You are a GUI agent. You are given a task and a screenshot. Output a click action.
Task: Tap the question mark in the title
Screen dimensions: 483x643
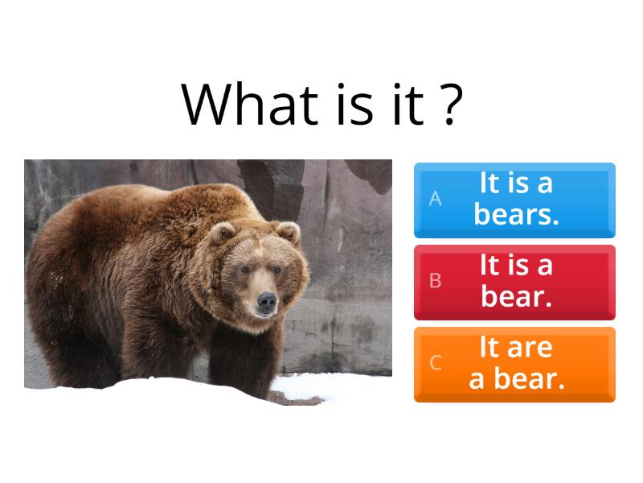[452, 104]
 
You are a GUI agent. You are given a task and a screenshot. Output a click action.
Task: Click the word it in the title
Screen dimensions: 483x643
[407, 104]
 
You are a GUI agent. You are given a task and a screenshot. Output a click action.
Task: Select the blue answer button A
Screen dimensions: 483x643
[514, 200]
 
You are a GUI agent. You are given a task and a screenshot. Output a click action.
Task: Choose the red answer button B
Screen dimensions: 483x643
[514, 281]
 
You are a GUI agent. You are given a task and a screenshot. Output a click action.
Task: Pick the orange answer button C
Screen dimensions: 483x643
[514, 363]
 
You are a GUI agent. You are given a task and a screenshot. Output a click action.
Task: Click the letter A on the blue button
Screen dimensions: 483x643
[435, 199]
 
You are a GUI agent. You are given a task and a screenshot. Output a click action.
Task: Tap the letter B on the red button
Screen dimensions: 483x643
[435, 281]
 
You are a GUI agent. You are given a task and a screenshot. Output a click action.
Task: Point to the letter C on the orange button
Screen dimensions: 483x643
[435, 363]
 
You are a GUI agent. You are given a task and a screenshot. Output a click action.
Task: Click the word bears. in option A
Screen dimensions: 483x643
[516, 215]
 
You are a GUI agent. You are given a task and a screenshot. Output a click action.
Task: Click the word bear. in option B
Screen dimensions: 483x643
[517, 297]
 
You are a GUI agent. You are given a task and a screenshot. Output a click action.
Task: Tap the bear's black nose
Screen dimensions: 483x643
[266, 303]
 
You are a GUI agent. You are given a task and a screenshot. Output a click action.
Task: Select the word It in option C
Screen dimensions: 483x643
[489, 348]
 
